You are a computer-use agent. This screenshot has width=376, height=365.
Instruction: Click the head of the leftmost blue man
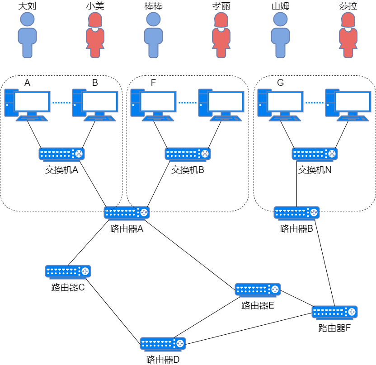pos(27,19)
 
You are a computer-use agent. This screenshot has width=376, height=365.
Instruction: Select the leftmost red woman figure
pos(95,35)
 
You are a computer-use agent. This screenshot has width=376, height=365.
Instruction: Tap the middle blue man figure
pos(153,35)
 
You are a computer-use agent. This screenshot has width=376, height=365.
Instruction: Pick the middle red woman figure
pos(221,35)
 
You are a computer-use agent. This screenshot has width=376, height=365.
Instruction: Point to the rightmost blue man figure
pos(280,35)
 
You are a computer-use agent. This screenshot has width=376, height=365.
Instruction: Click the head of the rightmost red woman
pos(348,19)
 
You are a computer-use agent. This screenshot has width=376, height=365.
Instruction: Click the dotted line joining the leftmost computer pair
pos(61,103)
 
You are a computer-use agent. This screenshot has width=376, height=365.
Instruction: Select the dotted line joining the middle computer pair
pos(187,103)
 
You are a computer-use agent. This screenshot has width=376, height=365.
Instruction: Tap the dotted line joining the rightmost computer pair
pos(314,103)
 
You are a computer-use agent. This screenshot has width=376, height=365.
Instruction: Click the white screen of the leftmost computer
pos(32,102)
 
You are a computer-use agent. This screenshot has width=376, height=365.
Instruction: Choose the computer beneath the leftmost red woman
pos(95,105)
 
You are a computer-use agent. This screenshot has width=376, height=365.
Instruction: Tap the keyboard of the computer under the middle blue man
pos(158,119)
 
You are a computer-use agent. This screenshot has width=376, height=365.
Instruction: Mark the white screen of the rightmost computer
pos(352,102)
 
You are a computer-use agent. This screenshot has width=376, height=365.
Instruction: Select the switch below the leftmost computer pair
pos(61,154)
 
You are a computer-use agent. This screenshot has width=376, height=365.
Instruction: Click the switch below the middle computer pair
pos(188,154)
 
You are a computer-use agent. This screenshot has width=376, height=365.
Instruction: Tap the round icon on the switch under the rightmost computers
pos(332,154)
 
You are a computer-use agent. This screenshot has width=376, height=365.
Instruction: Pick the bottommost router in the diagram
pos(163,344)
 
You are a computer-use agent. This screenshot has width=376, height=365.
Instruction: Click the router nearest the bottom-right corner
pos(334,312)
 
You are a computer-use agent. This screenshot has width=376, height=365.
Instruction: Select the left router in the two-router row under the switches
pos(127,213)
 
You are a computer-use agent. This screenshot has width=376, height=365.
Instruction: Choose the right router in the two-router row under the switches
pos(296,213)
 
